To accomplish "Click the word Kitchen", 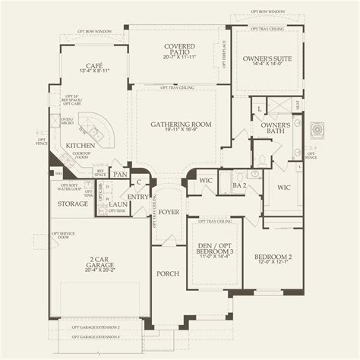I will click(80, 144).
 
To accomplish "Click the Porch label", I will click(167, 273).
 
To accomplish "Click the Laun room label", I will click(117, 204).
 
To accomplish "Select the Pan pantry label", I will click(118, 174).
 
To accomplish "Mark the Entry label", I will click(139, 196).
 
